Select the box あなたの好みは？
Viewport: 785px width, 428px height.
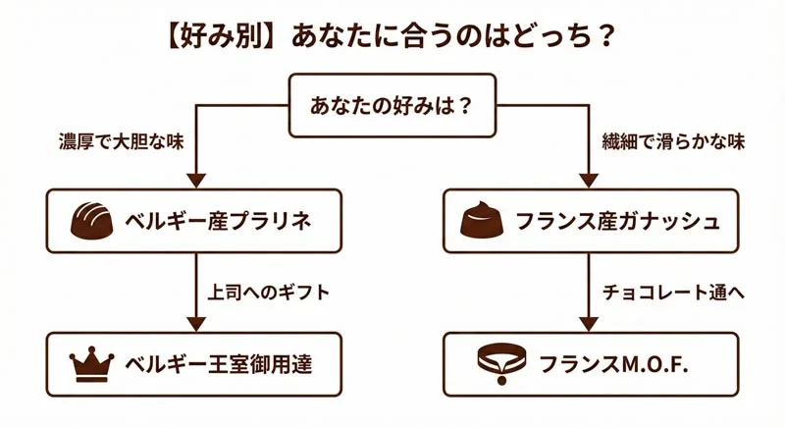392,104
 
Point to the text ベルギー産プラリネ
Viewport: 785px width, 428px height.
218,221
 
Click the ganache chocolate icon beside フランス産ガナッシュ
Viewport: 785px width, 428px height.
483,220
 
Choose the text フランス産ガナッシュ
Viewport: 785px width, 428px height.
616,221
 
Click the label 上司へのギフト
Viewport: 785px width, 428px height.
269,293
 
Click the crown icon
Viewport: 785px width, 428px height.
93,362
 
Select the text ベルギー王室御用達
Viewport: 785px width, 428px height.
218,363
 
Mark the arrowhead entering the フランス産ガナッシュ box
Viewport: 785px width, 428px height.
588,181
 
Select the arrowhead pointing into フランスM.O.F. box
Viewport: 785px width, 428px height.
588,323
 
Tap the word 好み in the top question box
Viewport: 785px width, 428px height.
403,104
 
